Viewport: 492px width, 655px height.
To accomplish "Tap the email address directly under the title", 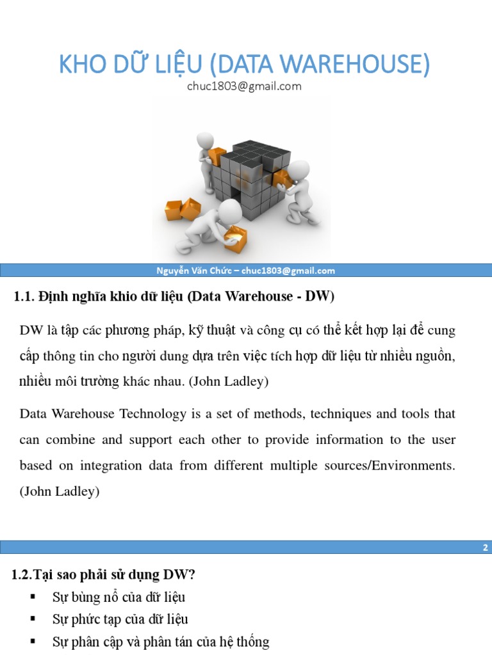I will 244,86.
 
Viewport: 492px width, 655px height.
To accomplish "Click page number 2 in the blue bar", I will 485,548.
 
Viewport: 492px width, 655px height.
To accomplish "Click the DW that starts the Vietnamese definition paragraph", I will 31,331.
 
